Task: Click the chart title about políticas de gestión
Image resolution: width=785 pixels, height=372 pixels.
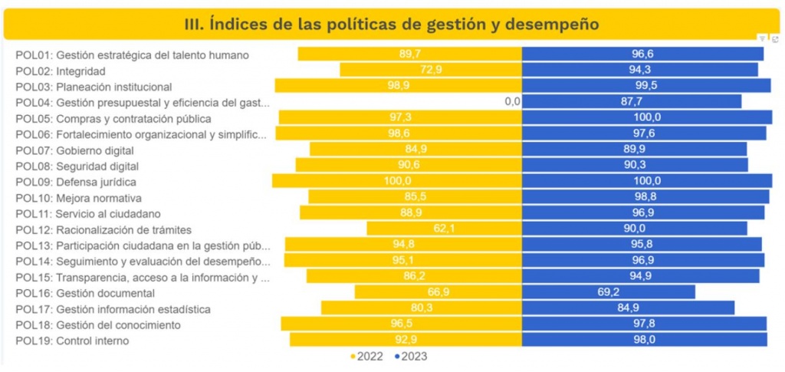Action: pos(392,24)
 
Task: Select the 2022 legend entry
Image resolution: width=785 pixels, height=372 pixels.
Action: pos(369,357)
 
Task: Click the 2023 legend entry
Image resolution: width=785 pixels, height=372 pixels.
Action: pos(411,357)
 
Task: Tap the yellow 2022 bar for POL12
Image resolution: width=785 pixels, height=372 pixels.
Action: pos(444,229)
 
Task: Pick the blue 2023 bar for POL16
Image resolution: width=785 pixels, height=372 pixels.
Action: pos(609,292)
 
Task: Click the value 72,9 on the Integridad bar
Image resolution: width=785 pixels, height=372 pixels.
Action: pos(431,70)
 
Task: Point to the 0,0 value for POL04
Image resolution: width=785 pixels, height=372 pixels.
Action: pos(512,101)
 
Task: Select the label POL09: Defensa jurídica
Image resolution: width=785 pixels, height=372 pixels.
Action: pos(76,181)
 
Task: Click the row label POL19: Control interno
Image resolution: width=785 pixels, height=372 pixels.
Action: pos(72,341)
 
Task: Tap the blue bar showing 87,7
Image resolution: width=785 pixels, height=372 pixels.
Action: pos(632,101)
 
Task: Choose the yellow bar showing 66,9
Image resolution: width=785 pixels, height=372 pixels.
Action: pos(438,292)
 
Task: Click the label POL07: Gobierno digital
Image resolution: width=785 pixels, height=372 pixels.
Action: pos(74,150)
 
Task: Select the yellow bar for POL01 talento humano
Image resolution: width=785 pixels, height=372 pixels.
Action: pos(410,54)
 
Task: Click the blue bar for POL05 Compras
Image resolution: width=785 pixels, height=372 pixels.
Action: pos(647,117)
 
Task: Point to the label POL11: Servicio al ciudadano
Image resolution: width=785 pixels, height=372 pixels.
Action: pos(87,213)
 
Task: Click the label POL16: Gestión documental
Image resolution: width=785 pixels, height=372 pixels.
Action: pos(84,293)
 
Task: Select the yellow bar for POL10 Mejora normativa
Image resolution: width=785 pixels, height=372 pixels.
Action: pos(415,197)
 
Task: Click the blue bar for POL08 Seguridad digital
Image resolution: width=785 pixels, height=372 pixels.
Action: pos(635,165)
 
